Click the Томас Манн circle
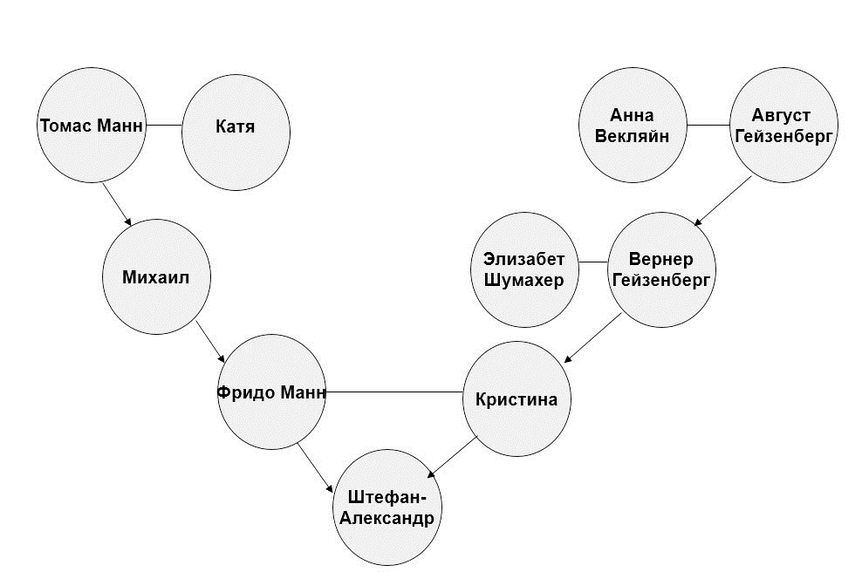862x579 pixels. pyautogui.click(x=92, y=126)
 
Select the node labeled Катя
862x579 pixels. pyautogui.click(x=236, y=133)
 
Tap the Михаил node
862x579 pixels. pyautogui.click(x=157, y=276)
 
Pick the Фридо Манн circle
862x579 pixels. pyautogui.click(x=271, y=392)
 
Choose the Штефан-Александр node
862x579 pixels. pyautogui.click(x=387, y=507)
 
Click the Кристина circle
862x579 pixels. pyautogui.click(x=517, y=398)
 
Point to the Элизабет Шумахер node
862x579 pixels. pyautogui.click(x=524, y=269)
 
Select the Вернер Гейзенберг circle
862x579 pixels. pyautogui.click(x=661, y=269)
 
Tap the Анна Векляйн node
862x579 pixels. pyautogui.click(x=633, y=126)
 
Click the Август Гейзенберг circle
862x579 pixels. pyautogui.click(x=784, y=126)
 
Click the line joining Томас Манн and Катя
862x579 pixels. pyautogui.click(x=164, y=126)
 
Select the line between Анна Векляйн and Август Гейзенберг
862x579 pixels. pyautogui.click(x=708, y=126)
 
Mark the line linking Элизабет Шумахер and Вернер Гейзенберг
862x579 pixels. pyautogui.click(x=593, y=262)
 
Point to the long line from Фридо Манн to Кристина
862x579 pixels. pyautogui.click(x=394, y=392)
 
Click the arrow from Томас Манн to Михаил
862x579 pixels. pyautogui.click(x=117, y=204)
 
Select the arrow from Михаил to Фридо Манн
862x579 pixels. pyautogui.click(x=210, y=342)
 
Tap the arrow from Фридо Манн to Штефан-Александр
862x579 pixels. pyautogui.click(x=316, y=468)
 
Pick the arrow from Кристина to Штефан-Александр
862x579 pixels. pyautogui.click(x=452, y=457)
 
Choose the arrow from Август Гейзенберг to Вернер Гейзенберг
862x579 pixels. pyautogui.click(x=722, y=201)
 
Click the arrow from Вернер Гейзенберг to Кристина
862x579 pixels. pyautogui.click(x=592, y=337)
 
